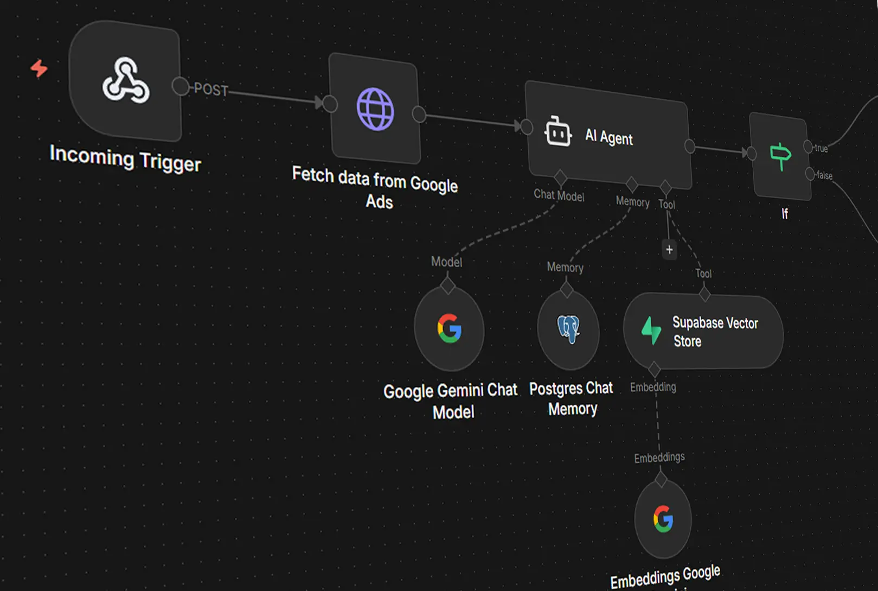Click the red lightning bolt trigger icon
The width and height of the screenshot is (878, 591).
point(39,68)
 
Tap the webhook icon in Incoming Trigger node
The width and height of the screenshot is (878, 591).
point(125,81)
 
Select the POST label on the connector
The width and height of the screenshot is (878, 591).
point(211,90)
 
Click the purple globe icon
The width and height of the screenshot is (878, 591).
point(375,109)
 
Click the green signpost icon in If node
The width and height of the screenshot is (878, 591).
point(780,156)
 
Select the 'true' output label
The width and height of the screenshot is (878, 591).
point(821,148)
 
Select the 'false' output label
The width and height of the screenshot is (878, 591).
point(824,175)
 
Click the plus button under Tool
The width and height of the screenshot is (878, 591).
point(669,250)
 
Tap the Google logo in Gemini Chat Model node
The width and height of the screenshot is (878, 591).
point(449,328)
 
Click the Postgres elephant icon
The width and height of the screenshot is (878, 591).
point(569,329)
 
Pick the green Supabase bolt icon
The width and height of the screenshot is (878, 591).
point(651,331)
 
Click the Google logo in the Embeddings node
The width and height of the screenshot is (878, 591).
point(663,519)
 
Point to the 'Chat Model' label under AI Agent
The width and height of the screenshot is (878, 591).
point(559,195)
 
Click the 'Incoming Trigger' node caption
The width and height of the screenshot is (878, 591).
point(125,158)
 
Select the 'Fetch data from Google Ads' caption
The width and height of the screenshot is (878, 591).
point(375,187)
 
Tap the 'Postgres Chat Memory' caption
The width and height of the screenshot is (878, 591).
point(572,398)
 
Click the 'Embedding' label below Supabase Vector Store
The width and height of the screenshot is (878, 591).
point(653,387)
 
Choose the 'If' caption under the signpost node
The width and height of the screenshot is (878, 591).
point(785,214)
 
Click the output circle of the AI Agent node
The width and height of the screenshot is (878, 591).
point(690,147)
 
